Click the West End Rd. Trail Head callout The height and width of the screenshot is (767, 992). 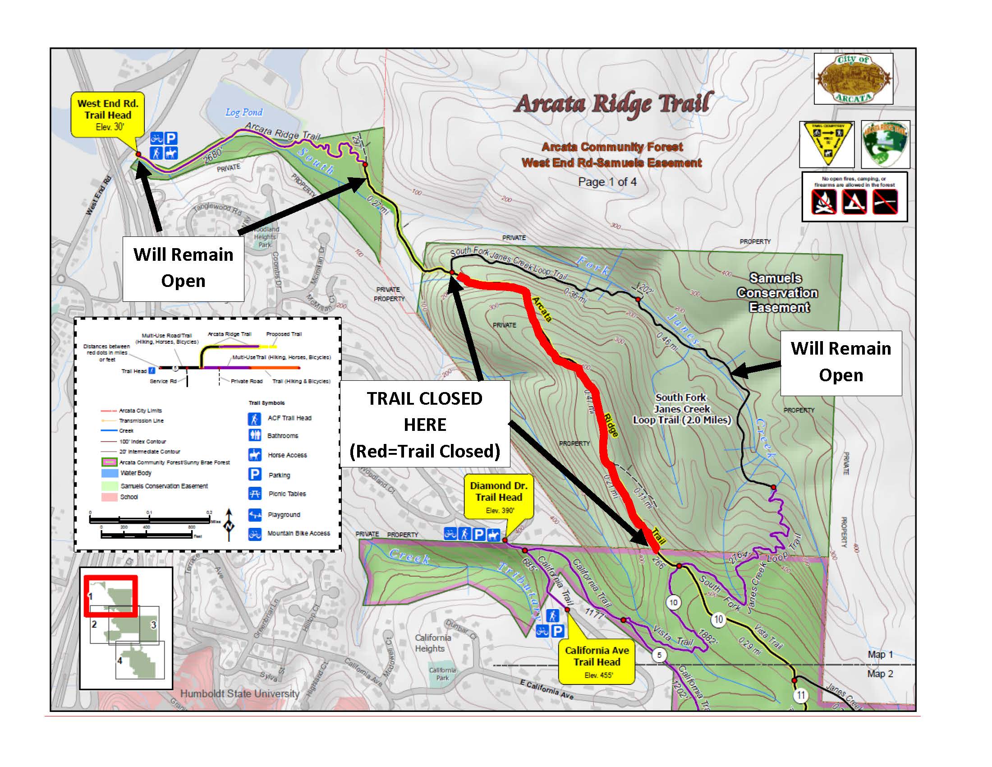point(108,115)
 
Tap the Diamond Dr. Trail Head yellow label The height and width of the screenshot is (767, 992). point(498,498)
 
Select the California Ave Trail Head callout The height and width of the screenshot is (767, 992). point(597,662)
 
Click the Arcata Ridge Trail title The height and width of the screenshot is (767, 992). point(613,104)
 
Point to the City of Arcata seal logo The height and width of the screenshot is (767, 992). point(853,79)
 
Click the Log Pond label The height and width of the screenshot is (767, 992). point(244,112)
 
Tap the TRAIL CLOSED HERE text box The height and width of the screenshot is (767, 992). point(425,425)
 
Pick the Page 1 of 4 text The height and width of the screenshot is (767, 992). point(607,182)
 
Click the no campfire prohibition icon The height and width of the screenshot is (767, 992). point(823,201)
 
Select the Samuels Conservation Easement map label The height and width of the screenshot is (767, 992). point(777,293)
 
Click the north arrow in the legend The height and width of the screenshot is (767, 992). point(229,524)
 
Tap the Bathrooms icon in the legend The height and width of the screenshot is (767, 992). point(254,435)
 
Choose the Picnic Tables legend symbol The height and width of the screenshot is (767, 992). point(254,493)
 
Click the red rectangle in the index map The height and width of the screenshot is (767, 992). point(110,596)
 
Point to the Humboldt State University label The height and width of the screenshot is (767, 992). point(240,693)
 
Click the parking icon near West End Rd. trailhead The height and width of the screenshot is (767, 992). point(171,138)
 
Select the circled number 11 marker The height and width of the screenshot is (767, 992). point(800,695)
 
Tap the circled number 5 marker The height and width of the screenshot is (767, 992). point(659,655)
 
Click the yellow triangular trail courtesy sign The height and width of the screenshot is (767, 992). point(827,143)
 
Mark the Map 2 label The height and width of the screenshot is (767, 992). point(880,674)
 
